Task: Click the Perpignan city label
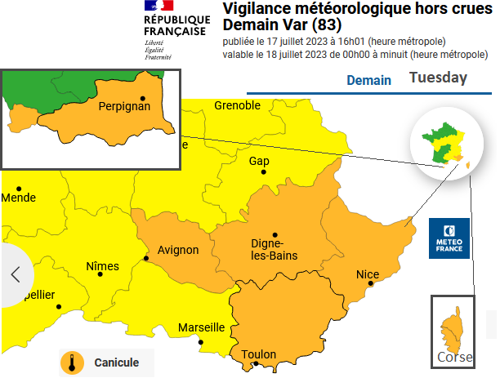124,107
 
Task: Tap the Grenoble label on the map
237,105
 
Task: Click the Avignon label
178,250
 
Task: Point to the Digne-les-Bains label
273,250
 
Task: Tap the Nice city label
368,274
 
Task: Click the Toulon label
258,354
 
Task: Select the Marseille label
201,327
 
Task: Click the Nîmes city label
102,266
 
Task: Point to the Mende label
19,198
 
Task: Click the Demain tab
368,81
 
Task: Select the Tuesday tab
438,78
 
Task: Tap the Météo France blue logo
450,238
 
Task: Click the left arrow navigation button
15,274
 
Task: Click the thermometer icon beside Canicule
72,363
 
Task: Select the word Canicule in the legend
116,363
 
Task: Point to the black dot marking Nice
371,284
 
